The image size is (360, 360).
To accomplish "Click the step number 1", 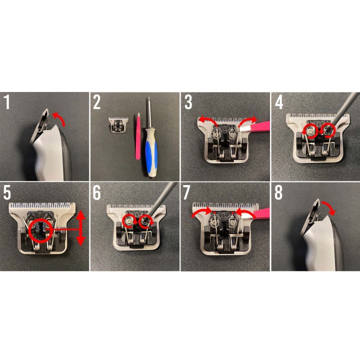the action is [7, 102].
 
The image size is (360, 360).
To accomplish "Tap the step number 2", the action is [96, 102].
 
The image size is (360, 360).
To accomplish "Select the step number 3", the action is [188, 102].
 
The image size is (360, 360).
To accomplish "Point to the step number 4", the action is [279, 102].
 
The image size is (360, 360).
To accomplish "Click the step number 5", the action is [7, 192].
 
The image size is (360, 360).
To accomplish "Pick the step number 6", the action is [96, 192].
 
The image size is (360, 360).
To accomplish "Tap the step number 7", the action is [186, 192].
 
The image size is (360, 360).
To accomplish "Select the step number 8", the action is [278, 192].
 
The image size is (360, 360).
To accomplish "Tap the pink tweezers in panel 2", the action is [138, 136].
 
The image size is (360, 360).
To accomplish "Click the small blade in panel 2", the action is [117, 124].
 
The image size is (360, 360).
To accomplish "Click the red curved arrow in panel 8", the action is [329, 206].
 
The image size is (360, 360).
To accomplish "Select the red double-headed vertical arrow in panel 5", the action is [80, 228].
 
